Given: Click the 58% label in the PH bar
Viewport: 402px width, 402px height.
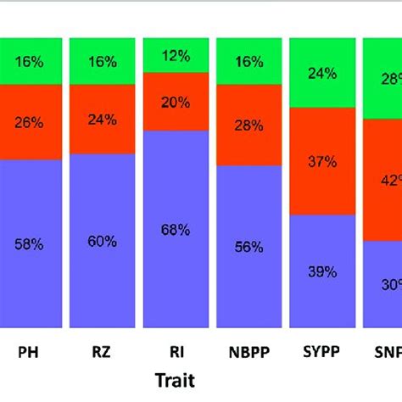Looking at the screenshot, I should pyautogui.click(x=30, y=243).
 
